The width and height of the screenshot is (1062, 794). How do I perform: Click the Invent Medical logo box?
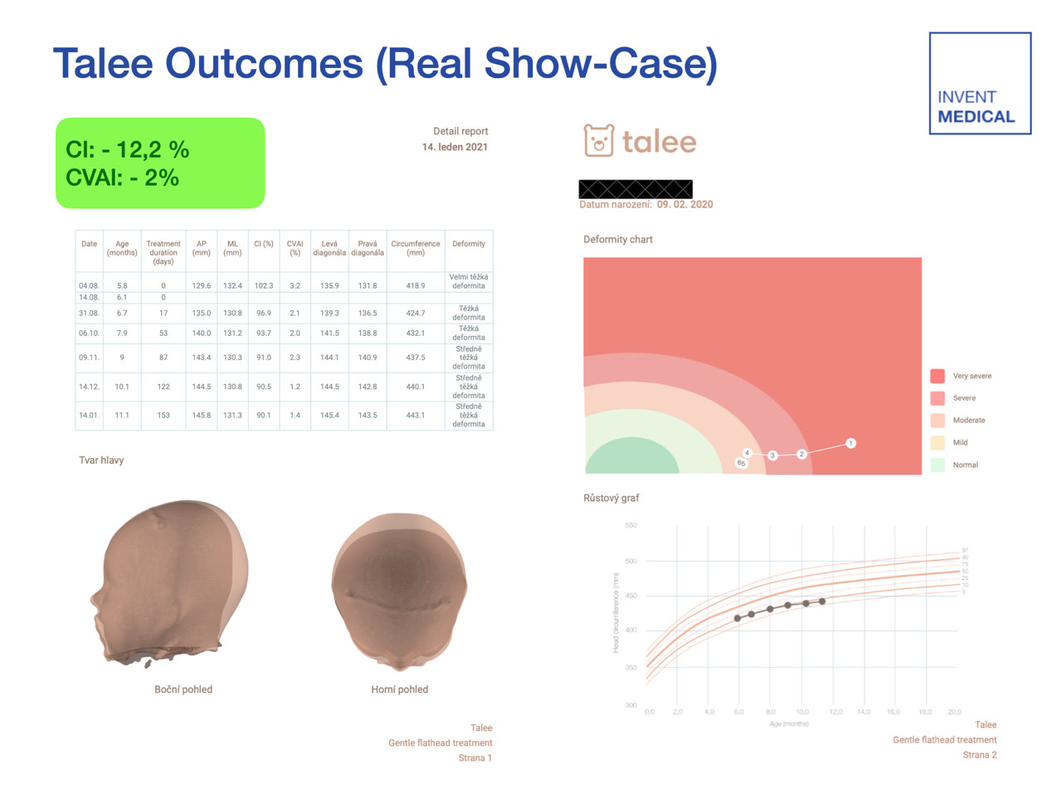[979, 83]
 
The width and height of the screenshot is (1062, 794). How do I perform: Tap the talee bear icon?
[598, 140]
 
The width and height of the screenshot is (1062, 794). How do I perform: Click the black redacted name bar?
[636, 189]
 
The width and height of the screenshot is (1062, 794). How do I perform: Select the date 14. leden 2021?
[455, 147]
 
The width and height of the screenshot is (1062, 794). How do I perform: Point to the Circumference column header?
[415, 248]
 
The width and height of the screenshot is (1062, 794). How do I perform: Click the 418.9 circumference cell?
[415, 285]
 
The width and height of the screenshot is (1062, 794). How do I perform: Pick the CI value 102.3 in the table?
[263, 285]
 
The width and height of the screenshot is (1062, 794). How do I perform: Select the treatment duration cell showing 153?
[163, 415]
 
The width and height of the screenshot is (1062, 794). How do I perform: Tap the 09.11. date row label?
[89, 358]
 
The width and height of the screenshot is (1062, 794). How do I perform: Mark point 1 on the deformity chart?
[850, 443]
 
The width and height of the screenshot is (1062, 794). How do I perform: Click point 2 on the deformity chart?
[801, 454]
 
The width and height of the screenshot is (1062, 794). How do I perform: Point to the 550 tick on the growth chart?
[631, 526]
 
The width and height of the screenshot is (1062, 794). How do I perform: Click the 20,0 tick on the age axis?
[954, 712]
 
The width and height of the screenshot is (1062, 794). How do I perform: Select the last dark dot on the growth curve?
[822, 602]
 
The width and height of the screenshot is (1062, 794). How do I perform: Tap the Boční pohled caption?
[183, 689]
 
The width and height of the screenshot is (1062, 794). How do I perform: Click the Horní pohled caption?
[399, 689]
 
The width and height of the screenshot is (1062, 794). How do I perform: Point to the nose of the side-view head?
[92, 599]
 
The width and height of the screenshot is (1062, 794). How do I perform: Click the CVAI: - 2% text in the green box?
[122, 178]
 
